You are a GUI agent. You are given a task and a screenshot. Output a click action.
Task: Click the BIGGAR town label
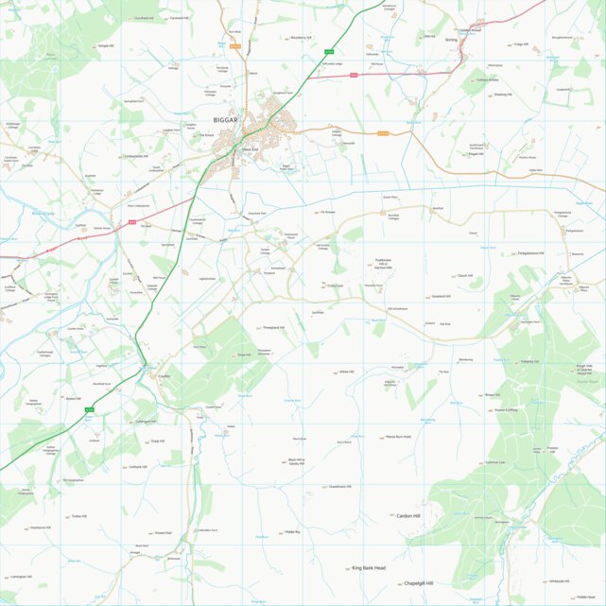pos(227,121)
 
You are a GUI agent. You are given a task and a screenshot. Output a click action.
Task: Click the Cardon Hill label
pos(408,516)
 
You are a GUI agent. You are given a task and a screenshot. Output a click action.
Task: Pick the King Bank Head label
pos(369,568)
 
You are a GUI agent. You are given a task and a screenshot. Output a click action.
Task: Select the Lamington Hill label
pos(22,577)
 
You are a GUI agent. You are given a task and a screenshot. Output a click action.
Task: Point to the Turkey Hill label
pos(78,517)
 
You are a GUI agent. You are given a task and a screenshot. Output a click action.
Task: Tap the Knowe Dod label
pos(163,533)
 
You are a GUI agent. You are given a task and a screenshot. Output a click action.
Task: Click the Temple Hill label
pos(105,45)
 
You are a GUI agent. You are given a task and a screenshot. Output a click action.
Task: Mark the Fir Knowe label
pos(328,213)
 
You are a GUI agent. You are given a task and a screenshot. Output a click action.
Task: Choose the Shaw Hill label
pos(244,355)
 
